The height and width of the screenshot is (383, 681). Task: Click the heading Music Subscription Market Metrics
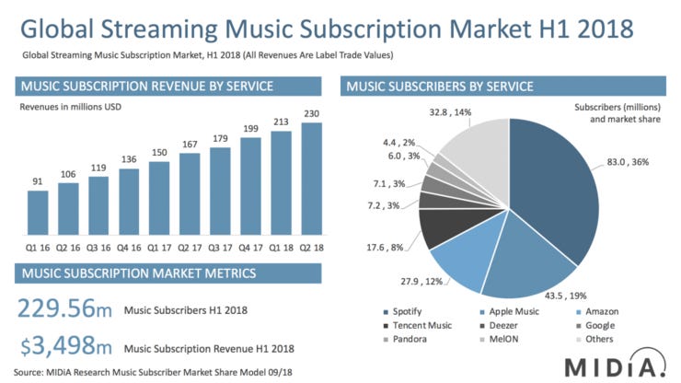(x=147, y=274)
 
